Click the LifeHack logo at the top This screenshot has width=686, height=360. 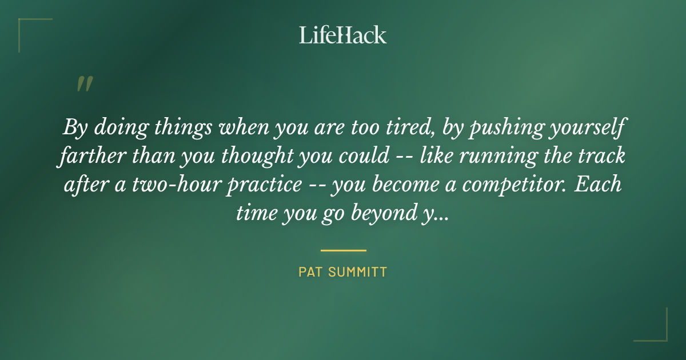(x=343, y=35)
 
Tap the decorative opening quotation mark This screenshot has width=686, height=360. (x=84, y=84)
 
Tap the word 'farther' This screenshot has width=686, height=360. (x=91, y=157)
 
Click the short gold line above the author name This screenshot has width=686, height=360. (x=343, y=250)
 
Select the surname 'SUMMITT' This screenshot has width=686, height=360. (x=357, y=272)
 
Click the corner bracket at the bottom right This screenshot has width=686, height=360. (x=657, y=331)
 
